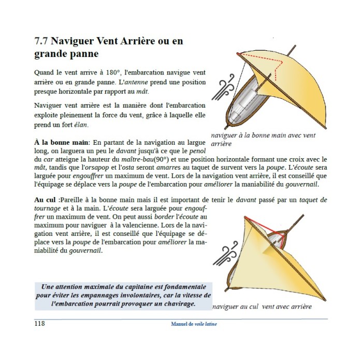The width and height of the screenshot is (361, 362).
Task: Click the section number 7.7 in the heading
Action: click(x=42, y=40)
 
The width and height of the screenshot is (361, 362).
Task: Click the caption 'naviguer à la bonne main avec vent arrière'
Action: click(x=263, y=140)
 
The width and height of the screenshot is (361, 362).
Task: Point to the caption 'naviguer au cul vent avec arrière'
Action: click(x=262, y=307)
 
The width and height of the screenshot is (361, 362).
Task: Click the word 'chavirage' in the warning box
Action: click(x=174, y=304)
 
